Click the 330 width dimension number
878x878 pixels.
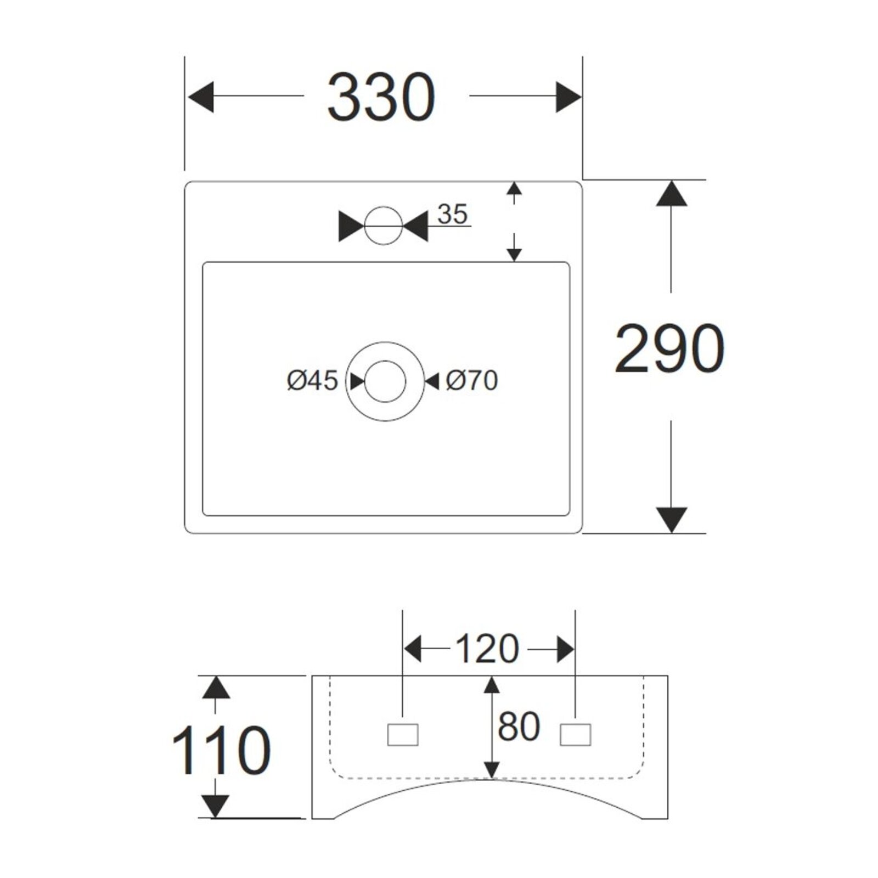[x=381, y=97]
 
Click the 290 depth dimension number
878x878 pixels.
[x=669, y=349]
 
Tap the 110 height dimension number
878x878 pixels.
[x=221, y=750]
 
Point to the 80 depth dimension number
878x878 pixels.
[x=519, y=727]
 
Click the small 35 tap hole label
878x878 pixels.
[x=453, y=214]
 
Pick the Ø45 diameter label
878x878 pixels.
[x=312, y=380]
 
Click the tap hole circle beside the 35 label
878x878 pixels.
[x=384, y=226]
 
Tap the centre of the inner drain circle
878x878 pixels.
[x=385, y=381]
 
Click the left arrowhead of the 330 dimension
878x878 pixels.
[x=201, y=97]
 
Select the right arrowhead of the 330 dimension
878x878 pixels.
[x=568, y=97]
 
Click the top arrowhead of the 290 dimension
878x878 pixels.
[x=671, y=194]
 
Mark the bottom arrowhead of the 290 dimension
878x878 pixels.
[x=671, y=519]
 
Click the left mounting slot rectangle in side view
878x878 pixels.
[x=403, y=735]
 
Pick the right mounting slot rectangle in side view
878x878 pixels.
[x=575, y=735]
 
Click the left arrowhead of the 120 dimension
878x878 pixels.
[x=413, y=650]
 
